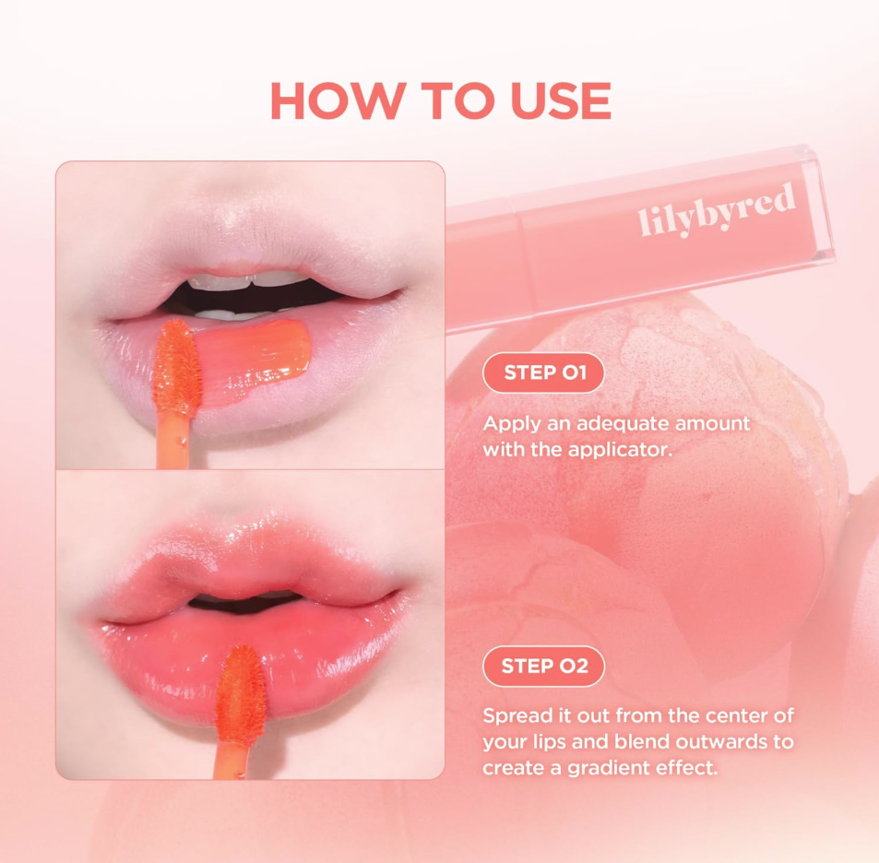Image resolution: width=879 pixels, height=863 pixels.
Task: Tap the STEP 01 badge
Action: [x=543, y=373]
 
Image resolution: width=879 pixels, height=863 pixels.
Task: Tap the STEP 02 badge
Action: [x=543, y=666]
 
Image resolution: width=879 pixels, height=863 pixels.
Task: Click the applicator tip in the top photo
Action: [x=178, y=369]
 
